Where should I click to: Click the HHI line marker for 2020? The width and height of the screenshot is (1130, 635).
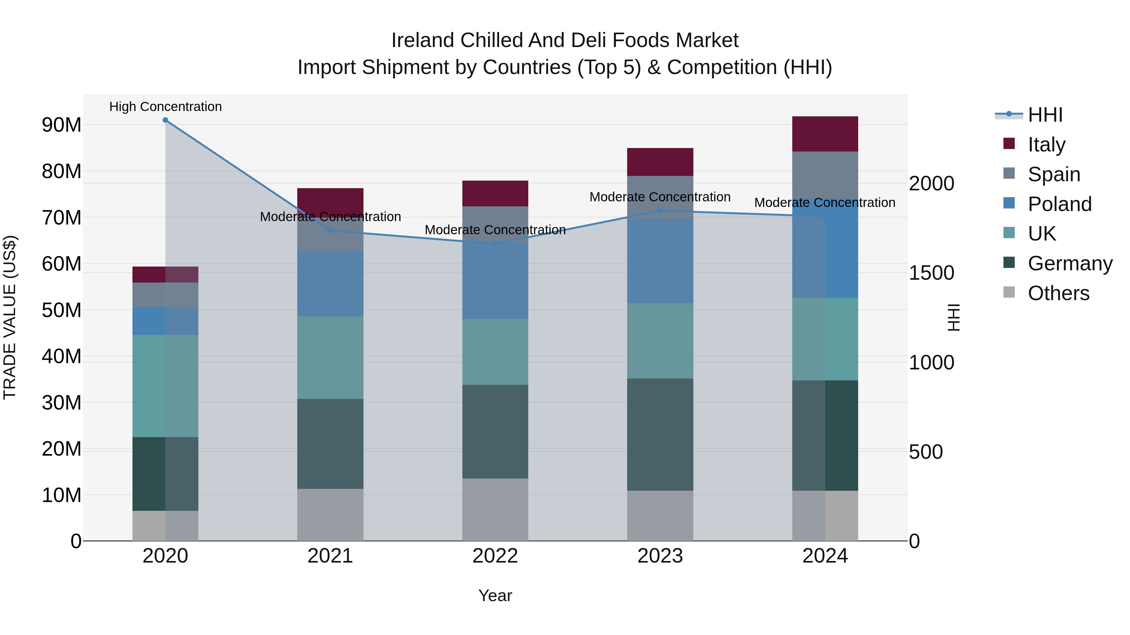pyautogui.click(x=165, y=120)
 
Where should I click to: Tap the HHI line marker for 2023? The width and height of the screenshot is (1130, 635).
pyautogui.click(x=660, y=211)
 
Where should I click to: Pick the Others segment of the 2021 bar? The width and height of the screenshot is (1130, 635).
pyautogui.click(x=330, y=515)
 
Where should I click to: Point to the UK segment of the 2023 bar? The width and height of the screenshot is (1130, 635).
pyautogui.click(x=660, y=341)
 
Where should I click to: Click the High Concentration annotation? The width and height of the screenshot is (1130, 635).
pyautogui.click(x=165, y=107)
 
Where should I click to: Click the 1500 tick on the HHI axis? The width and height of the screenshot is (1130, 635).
pyautogui.click(x=931, y=273)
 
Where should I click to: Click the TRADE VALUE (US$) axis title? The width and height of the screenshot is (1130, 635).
pyautogui.click(x=10, y=317)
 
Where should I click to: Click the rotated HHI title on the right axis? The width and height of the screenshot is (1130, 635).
pyautogui.click(x=954, y=317)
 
